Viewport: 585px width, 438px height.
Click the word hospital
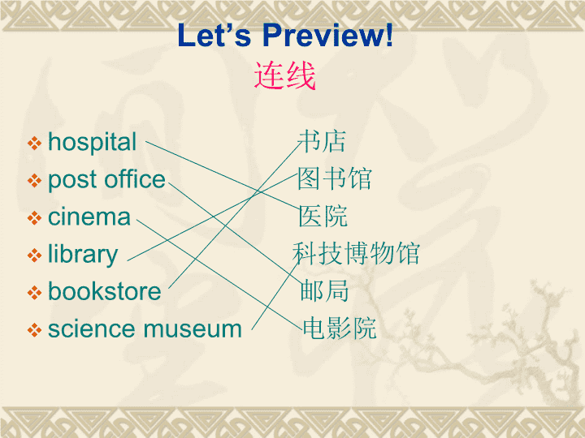pos(92,143)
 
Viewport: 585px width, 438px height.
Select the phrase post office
pos(106,180)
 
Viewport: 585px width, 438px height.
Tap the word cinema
pos(89,217)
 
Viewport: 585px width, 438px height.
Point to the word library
pos(83,255)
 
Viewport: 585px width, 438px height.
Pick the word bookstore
pos(105,291)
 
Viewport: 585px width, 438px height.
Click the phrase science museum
pos(145,328)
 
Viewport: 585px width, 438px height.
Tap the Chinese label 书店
pos(323,141)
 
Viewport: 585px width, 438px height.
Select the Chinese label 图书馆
pos(335,178)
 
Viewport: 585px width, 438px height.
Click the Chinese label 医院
pos(323,216)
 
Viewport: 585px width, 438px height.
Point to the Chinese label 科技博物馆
pos(357,253)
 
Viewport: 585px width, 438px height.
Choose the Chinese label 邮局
pos(324,290)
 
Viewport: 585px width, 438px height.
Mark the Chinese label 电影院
pos(339,328)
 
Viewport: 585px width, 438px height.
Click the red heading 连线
pos(284,76)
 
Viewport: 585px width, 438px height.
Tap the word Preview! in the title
pos(328,35)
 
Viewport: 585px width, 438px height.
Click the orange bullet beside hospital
pos(34,144)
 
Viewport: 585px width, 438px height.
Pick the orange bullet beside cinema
pos(34,218)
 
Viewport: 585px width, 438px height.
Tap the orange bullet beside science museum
pos(34,330)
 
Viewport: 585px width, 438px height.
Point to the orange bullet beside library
pos(34,255)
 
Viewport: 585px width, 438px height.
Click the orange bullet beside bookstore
pos(34,293)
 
